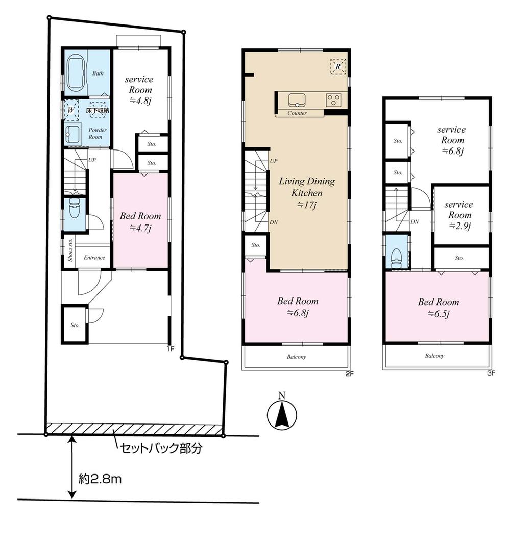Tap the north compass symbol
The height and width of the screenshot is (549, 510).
coord(282,412)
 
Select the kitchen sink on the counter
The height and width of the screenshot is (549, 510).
coord(297,99)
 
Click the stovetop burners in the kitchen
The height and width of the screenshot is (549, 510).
coord(334,99)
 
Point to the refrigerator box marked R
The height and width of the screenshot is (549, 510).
coord(338,66)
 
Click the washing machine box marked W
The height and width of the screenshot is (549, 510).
coord(70,110)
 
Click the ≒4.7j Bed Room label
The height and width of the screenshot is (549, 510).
coord(140,221)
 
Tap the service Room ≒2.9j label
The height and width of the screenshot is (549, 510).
coord(458,215)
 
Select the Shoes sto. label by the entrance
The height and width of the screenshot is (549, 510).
coord(70,251)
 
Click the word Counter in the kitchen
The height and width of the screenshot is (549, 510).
coord(297,113)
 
